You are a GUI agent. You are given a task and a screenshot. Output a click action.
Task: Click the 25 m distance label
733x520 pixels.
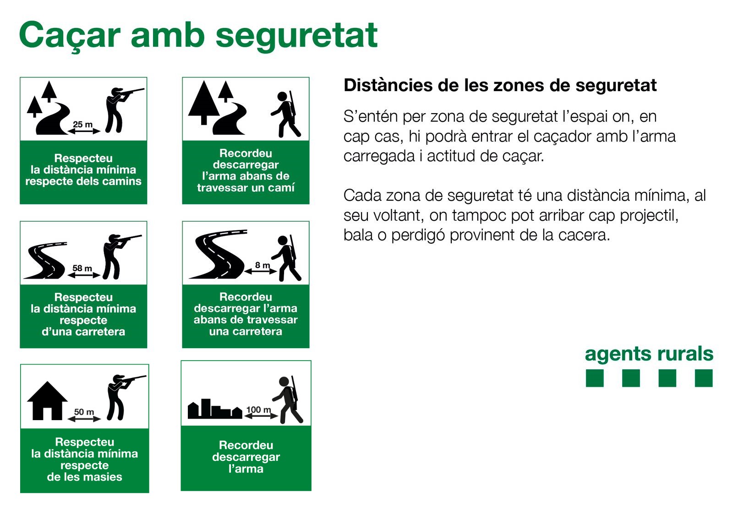83,124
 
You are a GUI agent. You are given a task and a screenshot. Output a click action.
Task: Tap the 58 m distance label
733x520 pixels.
82,268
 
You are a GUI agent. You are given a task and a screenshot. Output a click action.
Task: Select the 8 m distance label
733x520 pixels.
263,265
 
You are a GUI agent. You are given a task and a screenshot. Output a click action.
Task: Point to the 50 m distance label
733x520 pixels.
84,412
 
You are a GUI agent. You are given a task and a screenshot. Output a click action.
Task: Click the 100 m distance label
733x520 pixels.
258,410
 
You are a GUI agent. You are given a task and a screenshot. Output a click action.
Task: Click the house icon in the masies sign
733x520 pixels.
48,400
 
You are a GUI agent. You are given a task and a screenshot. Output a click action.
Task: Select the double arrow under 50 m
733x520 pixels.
84,419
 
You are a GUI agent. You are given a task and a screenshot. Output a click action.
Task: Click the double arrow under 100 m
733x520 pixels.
261,416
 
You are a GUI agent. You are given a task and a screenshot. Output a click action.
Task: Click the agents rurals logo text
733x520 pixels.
649,354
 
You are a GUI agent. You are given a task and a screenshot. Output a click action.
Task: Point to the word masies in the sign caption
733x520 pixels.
103,477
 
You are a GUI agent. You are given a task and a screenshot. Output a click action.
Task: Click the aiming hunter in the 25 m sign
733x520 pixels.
121,110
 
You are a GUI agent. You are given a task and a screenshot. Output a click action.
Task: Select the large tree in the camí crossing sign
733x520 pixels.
204,103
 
